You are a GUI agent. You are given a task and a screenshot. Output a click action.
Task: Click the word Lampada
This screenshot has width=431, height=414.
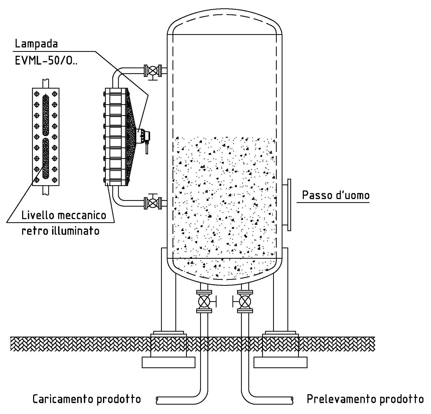pos(36,44)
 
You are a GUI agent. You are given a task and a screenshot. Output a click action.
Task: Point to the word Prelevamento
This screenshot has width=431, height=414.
pos(341,399)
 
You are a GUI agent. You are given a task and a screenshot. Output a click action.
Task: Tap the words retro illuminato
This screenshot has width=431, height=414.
pos(60,231)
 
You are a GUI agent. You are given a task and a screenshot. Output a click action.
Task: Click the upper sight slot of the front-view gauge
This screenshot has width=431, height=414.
pos(46,114)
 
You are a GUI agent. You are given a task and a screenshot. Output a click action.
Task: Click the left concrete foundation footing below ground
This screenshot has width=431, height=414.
pos(168,362)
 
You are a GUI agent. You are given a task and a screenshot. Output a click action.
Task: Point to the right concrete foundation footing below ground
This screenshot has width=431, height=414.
pos(280,362)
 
